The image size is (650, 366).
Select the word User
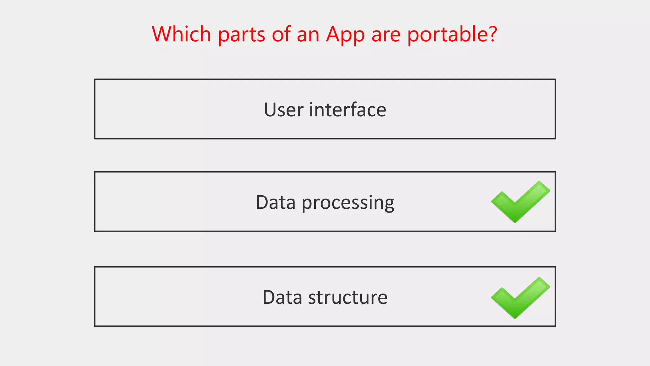(283, 110)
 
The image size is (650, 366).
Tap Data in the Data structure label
(282, 297)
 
